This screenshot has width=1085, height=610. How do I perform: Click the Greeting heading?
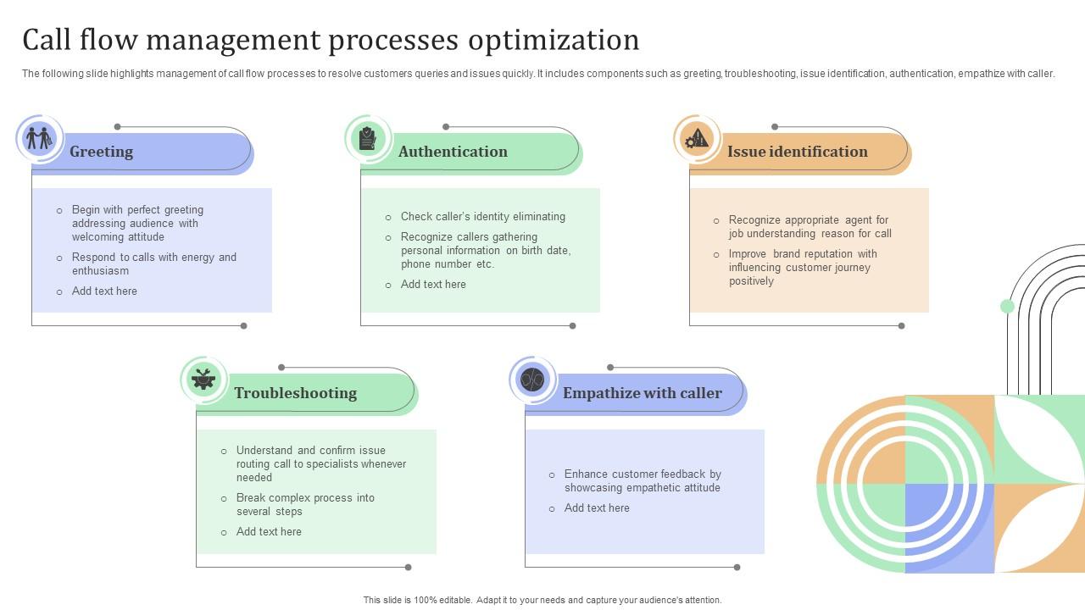tap(101, 152)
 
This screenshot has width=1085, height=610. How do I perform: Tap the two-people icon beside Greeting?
tap(38, 137)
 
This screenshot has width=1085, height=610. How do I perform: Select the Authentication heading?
tap(453, 152)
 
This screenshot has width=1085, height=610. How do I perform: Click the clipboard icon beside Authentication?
tap(367, 137)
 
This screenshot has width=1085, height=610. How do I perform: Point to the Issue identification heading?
tap(797, 152)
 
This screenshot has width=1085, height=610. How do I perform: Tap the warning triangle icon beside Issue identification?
tap(697, 137)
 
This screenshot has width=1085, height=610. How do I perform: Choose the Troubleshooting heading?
tap(295, 393)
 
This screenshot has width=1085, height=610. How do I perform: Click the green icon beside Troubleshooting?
tap(203, 379)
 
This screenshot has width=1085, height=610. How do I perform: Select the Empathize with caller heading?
tap(642, 393)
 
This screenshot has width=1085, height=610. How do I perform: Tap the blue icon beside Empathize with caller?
tap(532, 379)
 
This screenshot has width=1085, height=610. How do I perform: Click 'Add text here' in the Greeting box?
tap(104, 291)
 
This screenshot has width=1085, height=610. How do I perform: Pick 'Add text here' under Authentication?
tap(433, 285)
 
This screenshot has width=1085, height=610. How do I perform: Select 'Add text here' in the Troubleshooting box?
tap(269, 532)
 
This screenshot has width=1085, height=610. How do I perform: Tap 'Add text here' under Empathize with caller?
tap(597, 508)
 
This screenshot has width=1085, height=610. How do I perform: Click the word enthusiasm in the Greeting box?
tap(100, 271)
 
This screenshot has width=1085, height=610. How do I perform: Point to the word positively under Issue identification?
tap(751, 281)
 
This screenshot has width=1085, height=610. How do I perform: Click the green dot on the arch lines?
tap(1007, 307)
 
